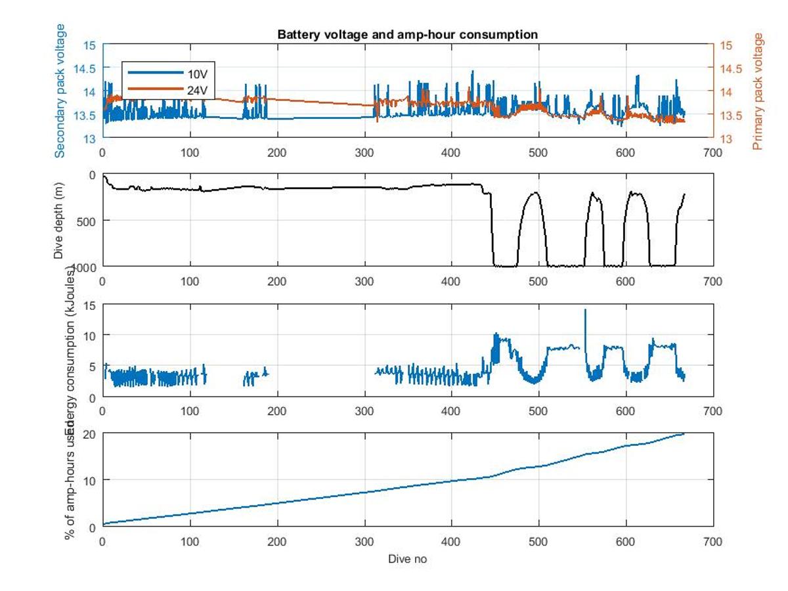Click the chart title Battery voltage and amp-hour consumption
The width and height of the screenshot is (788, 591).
click(x=408, y=34)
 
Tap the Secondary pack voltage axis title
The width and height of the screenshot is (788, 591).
click(x=60, y=91)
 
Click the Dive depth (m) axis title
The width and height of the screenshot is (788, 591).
click(x=60, y=220)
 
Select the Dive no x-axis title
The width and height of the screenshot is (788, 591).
click(x=408, y=559)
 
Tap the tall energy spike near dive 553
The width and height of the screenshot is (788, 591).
click(x=585, y=310)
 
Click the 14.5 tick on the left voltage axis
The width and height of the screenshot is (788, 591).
click(x=88, y=68)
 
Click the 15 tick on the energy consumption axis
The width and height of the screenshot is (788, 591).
click(x=91, y=305)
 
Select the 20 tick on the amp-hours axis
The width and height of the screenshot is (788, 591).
click(x=91, y=434)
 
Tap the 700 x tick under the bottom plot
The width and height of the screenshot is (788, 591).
click(x=713, y=542)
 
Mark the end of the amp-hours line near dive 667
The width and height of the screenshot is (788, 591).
click(x=684, y=433)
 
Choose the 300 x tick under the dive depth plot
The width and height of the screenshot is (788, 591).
click(x=364, y=282)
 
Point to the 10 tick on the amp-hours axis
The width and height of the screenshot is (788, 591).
click(x=91, y=480)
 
